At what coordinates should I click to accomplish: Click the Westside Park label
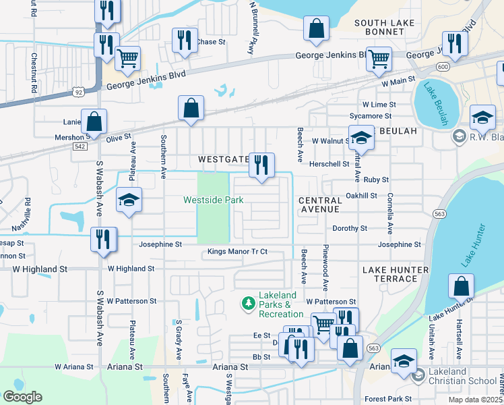coord(213,200)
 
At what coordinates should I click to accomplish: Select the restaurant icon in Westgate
coord(261,165)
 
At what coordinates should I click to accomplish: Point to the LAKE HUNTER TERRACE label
coord(395,274)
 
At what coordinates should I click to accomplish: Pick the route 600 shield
coord(443,67)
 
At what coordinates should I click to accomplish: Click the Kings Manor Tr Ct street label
coord(237,252)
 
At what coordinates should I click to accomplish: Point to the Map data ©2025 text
coord(474,400)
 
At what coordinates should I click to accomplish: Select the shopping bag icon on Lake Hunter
coord(462,287)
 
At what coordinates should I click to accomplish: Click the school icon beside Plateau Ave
coord(128,200)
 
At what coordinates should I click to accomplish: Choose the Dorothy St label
coord(349,229)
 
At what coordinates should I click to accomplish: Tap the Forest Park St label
coord(388,399)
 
